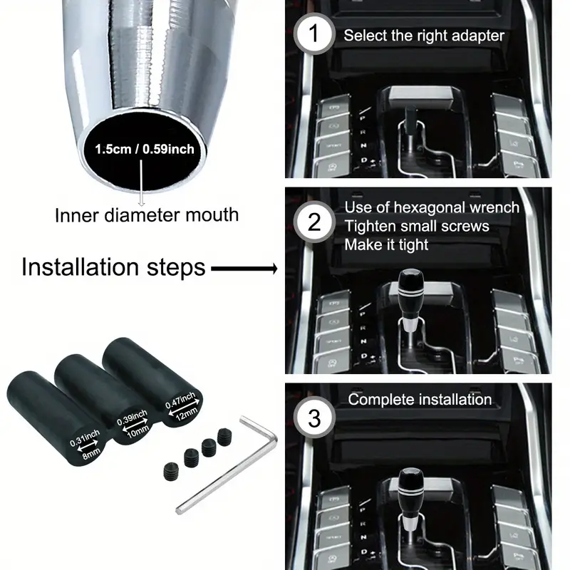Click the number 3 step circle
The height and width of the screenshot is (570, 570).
tap(315, 418)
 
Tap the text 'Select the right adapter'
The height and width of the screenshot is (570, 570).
tap(424, 35)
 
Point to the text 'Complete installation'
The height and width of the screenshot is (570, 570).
tap(420, 399)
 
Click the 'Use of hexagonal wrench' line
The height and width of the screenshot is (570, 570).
tap(432, 208)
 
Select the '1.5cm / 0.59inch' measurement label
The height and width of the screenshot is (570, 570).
tap(145, 150)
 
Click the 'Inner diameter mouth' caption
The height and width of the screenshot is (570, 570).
tap(147, 214)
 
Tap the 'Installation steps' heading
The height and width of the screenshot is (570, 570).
tap(113, 268)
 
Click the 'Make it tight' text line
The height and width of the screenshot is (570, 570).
tap(386, 244)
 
